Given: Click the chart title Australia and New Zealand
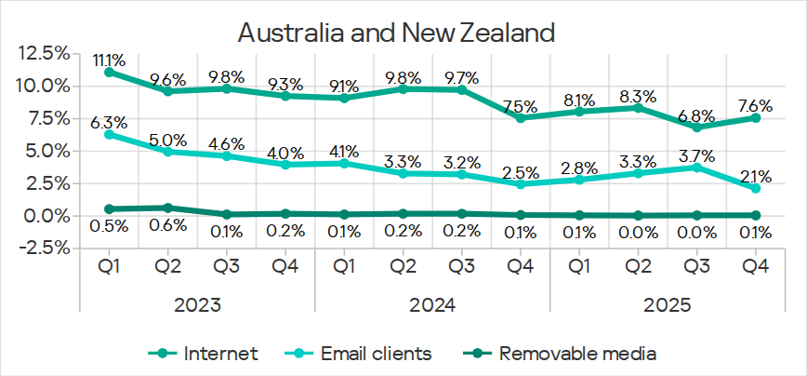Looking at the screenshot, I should click(x=396, y=34).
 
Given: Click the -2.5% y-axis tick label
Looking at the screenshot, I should click(x=41, y=248).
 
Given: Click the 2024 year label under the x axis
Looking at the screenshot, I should click(x=432, y=304).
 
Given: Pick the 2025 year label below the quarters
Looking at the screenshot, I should click(x=668, y=304).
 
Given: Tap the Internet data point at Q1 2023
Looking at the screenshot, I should click(x=110, y=72).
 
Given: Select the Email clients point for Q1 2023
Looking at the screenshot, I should click(x=110, y=134).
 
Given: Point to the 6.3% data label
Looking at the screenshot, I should click(x=110, y=120).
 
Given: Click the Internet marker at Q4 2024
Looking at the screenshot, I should click(x=521, y=118).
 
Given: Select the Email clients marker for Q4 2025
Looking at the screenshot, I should click(x=756, y=188).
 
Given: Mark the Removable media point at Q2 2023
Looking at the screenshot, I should click(x=168, y=208).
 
